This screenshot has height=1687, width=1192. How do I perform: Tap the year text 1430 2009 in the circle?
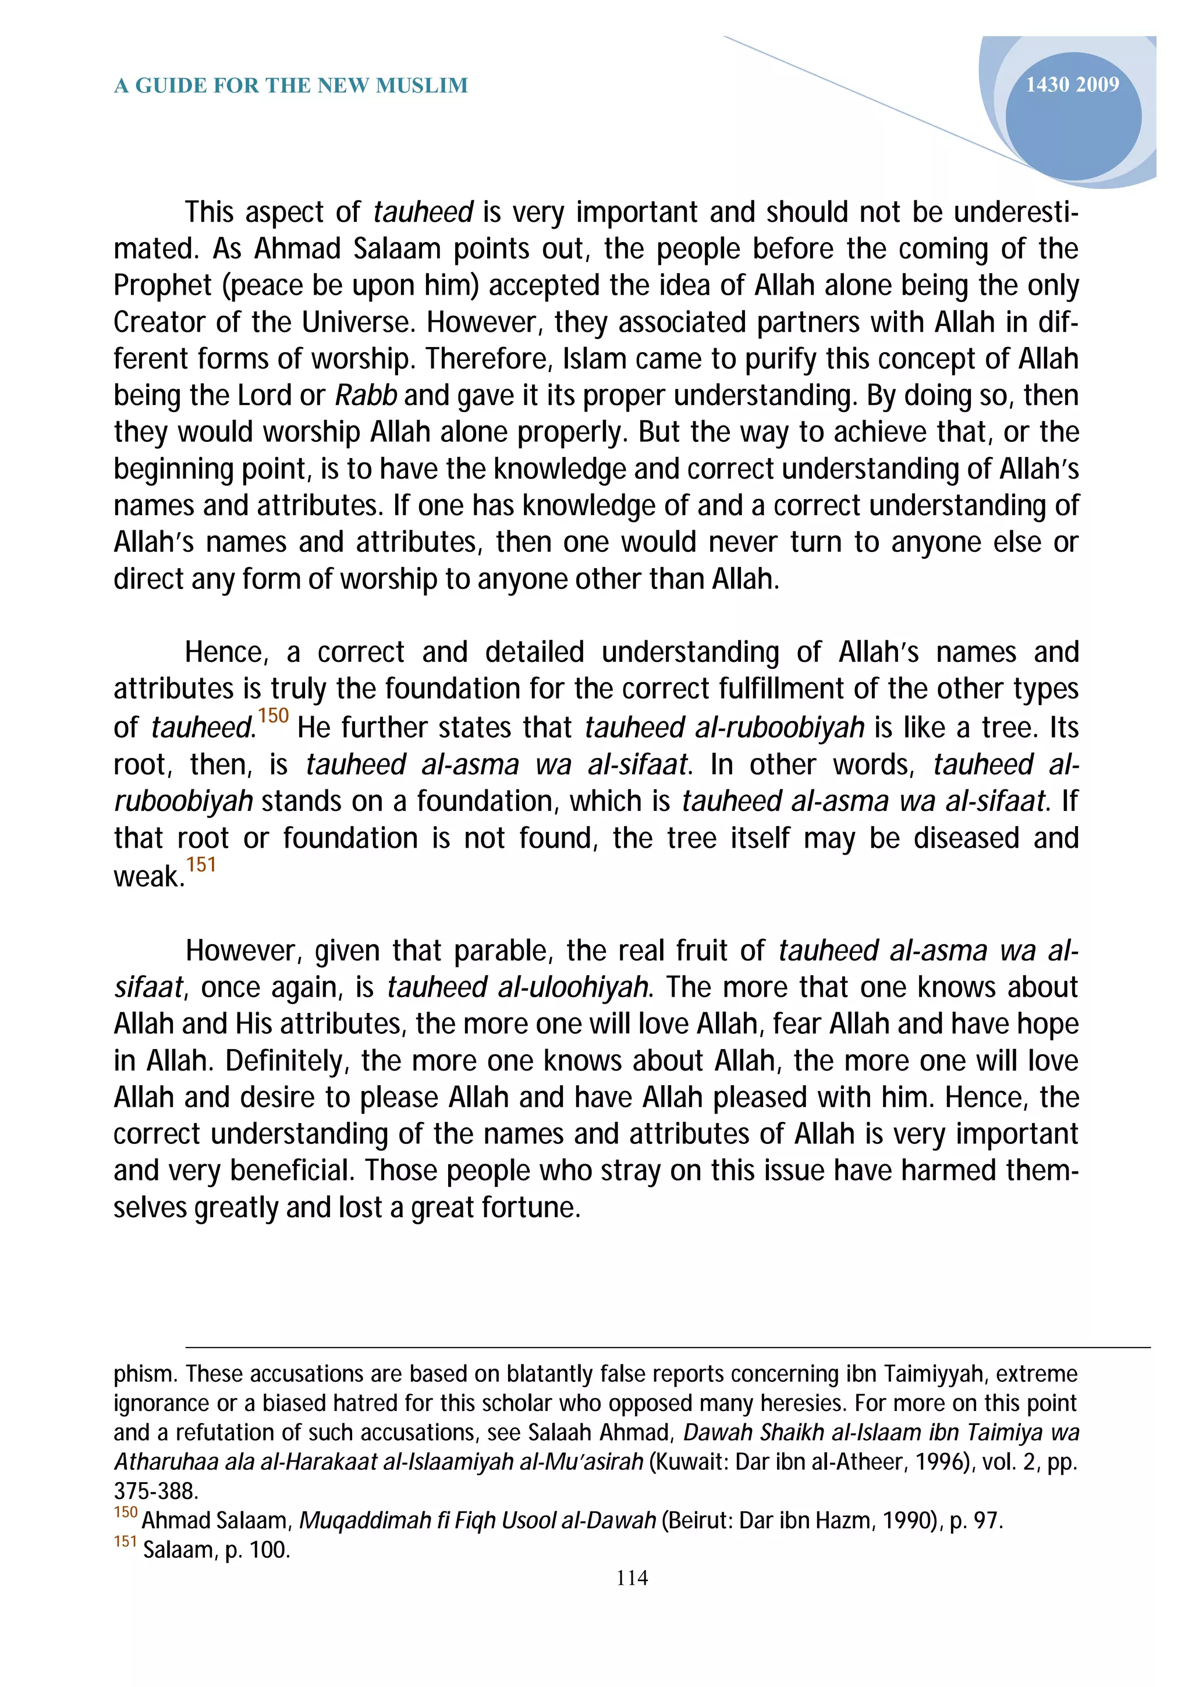tap(1072, 84)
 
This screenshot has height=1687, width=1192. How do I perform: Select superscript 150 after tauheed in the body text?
tap(273, 715)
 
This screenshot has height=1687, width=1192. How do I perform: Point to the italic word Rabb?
tap(366, 396)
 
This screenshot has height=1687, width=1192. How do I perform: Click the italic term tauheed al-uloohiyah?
tap(517, 987)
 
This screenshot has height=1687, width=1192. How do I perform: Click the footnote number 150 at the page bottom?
tap(126, 1513)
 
